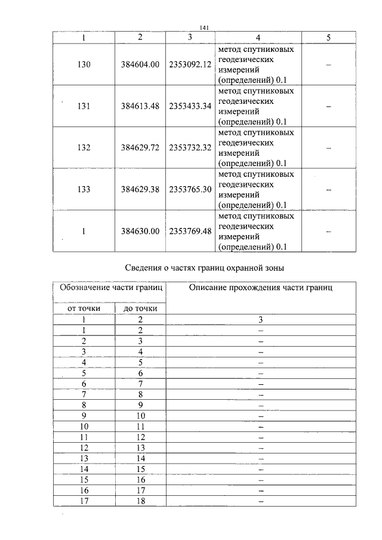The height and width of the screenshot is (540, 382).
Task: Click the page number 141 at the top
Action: point(205,27)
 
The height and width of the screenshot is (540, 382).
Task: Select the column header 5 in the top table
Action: point(328,37)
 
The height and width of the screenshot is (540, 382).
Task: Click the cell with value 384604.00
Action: point(140,64)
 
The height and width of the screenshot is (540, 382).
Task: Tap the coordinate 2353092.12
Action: point(190,64)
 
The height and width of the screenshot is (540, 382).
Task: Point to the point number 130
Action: point(84,64)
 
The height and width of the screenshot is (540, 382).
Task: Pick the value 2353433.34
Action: point(190,106)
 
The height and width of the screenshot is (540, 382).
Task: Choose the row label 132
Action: point(84,147)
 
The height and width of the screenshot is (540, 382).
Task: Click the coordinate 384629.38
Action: point(140,189)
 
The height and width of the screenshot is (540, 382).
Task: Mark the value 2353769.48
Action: point(190,231)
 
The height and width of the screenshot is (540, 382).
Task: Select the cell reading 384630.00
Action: point(140,231)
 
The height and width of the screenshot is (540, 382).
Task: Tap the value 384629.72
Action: point(140,147)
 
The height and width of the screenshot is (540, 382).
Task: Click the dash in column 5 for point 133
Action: point(328,189)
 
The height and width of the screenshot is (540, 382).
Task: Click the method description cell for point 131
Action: point(257,106)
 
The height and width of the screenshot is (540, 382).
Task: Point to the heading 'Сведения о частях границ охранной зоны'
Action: point(205,267)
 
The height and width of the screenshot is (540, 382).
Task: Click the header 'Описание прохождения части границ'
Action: point(261,288)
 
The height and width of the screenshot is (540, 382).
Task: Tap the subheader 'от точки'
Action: point(83,308)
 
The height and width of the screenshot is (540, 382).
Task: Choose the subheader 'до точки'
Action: point(140,308)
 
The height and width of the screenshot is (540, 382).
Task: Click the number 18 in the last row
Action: point(141,501)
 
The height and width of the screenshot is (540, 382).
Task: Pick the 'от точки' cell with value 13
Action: point(84,458)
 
